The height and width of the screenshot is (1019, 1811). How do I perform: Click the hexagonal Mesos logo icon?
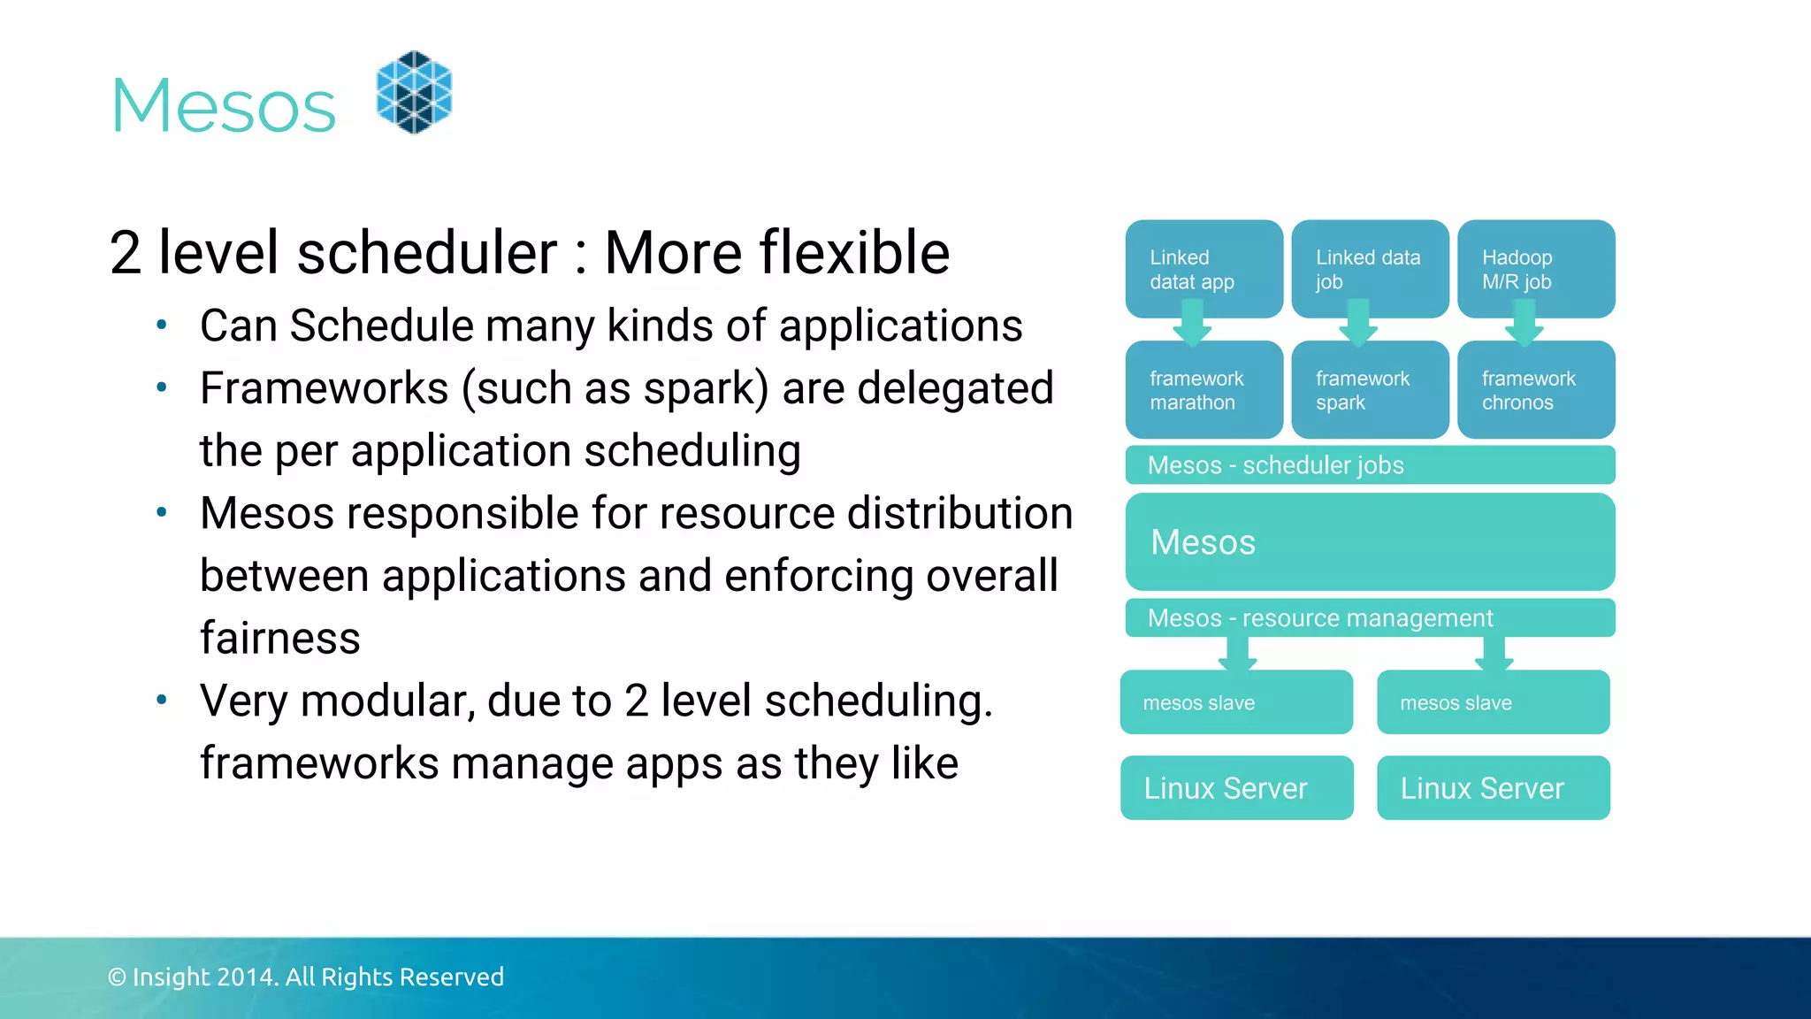(x=414, y=92)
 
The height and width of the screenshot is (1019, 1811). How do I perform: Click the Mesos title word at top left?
(x=224, y=106)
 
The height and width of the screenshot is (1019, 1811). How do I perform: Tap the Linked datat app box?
(x=1203, y=269)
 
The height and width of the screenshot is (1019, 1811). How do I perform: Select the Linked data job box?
(x=1369, y=269)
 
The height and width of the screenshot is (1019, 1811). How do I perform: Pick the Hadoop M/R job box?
(x=1535, y=269)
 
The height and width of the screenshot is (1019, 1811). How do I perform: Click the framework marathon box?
(x=1203, y=390)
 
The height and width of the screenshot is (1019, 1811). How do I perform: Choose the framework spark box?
(x=1369, y=390)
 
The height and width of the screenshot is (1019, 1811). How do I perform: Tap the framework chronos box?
(x=1535, y=390)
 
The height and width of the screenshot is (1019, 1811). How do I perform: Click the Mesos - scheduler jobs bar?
(x=1369, y=465)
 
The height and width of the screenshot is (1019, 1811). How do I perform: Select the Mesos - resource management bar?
(x=1369, y=617)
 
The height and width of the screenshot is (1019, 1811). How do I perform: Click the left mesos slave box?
(x=1235, y=702)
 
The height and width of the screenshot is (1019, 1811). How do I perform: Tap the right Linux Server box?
(x=1493, y=787)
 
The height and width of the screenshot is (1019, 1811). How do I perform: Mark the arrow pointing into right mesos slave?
(x=1494, y=655)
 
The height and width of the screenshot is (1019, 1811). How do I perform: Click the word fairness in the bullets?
(x=279, y=638)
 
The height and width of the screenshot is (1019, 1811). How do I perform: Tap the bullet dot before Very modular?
(x=161, y=701)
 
